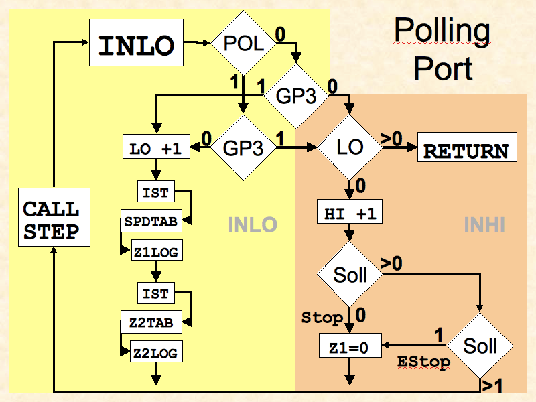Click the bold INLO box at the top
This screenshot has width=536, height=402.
137,44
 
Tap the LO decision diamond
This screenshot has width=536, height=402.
350,147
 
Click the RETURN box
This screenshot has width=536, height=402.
466,150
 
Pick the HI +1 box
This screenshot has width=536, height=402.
350,214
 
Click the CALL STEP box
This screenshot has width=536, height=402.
51,221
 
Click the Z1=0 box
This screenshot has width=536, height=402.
350,347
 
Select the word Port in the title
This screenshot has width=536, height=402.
443,69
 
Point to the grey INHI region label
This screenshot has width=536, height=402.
484,225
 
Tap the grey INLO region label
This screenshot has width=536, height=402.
253,225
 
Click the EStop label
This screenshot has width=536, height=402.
423,362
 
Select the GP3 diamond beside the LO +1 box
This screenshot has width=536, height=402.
243,148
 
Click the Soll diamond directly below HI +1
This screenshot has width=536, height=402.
350,275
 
